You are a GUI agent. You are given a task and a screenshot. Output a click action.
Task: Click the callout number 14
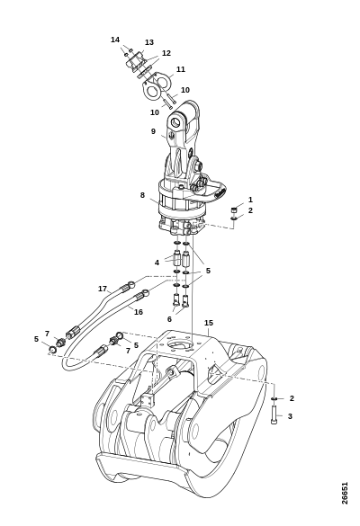tap(115, 40)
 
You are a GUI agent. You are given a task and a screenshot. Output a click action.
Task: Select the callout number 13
tap(149, 42)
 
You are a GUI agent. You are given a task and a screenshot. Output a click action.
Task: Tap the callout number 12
tap(166, 53)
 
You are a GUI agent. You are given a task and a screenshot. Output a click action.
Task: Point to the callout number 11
tap(181, 69)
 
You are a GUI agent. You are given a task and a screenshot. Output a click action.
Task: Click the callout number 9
tap(154, 131)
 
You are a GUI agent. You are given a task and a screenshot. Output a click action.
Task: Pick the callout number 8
tap(142, 195)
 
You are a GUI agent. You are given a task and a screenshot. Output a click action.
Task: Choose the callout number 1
tap(250, 200)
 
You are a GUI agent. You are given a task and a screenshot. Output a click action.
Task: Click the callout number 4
tap(157, 263)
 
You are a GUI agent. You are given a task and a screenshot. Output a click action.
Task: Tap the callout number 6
tap(169, 319)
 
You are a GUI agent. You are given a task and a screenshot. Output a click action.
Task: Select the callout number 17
tap(103, 289)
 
